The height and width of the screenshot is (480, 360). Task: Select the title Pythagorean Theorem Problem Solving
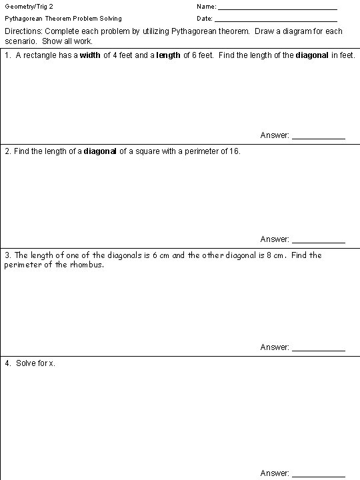coord(63,19)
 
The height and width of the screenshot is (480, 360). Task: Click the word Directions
coord(23,31)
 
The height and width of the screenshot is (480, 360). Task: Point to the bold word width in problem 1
coord(90,55)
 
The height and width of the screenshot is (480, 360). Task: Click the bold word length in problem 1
coord(168,55)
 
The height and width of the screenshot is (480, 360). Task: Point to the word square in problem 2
coord(147,151)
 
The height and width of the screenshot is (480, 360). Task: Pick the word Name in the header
coord(205,7)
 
